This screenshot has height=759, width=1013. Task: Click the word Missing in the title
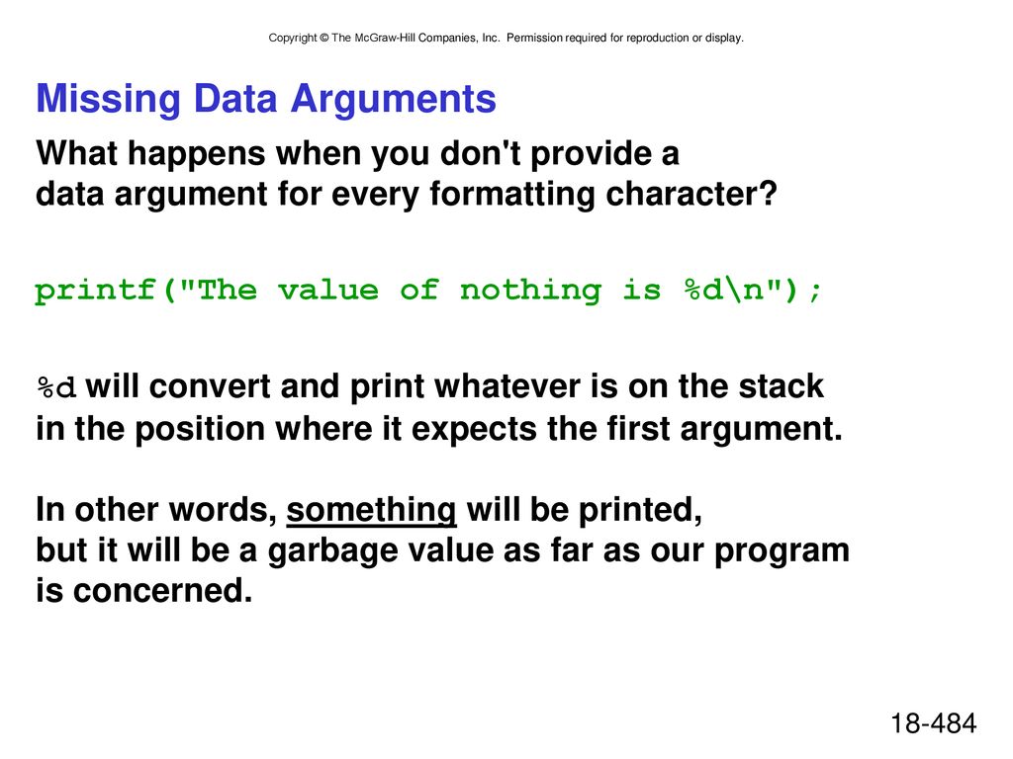109,100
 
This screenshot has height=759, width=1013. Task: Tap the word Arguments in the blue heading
393,100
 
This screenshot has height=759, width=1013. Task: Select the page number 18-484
933,723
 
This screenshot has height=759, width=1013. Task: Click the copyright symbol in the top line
323,39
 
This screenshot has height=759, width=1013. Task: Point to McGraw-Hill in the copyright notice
385,39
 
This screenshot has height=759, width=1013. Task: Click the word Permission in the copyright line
534,39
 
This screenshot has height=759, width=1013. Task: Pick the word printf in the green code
95,291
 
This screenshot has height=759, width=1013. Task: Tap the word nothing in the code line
530,291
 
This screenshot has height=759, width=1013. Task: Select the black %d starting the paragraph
56,388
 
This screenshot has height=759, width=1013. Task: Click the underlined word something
372,511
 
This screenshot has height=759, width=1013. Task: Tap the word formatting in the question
512,195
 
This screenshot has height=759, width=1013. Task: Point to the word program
782,551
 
